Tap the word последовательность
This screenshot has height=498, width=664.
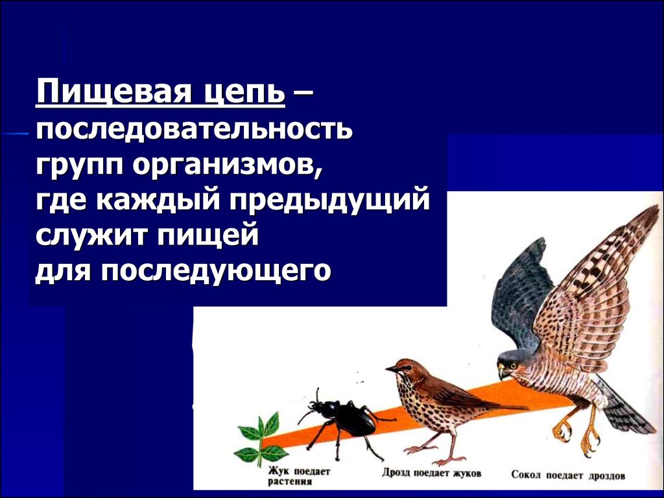tap(194, 129)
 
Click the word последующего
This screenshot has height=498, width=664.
tap(216, 271)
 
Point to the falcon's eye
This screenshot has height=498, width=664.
tap(514, 364)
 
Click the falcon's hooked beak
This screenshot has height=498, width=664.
tap(503, 372)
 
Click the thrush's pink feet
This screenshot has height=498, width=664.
tap(436, 455)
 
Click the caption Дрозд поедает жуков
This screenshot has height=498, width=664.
tap(431, 473)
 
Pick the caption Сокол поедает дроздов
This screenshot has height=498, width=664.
tap(568, 475)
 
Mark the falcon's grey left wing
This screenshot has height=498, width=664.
tap(523, 296)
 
